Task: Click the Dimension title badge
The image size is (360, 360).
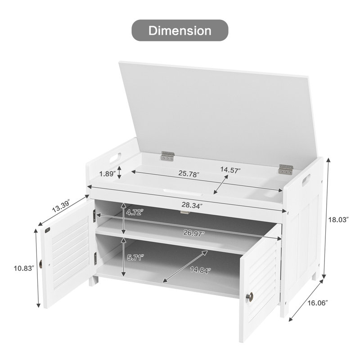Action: click(180, 31)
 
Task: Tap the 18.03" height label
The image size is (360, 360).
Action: click(338, 220)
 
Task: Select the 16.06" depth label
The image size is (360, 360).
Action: click(318, 302)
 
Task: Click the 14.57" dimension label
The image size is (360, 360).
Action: click(230, 170)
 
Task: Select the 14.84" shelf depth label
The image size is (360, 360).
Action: click(200, 270)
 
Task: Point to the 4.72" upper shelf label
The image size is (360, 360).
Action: click(133, 212)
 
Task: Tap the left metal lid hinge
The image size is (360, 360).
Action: click(167, 156)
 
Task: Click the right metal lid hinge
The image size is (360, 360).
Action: click(285, 169)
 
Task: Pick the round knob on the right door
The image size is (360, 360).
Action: click(250, 297)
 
